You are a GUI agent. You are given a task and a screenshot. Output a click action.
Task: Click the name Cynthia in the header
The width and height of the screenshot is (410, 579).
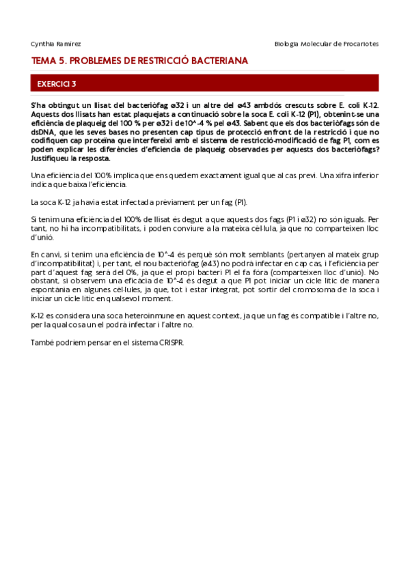(x=42, y=44)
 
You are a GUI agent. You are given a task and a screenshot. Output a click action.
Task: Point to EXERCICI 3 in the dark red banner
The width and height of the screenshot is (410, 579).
(x=57, y=84)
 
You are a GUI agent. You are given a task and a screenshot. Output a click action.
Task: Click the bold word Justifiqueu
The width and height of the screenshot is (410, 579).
(x=51, y=158)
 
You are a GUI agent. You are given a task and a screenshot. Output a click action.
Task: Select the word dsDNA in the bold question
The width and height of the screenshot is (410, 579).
(x=43, y=132)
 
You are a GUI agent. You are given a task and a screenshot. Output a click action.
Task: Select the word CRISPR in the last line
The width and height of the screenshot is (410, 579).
(x=170, y=343)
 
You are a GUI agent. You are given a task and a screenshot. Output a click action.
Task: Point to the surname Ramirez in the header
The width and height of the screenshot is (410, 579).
(x=69, y=44)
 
